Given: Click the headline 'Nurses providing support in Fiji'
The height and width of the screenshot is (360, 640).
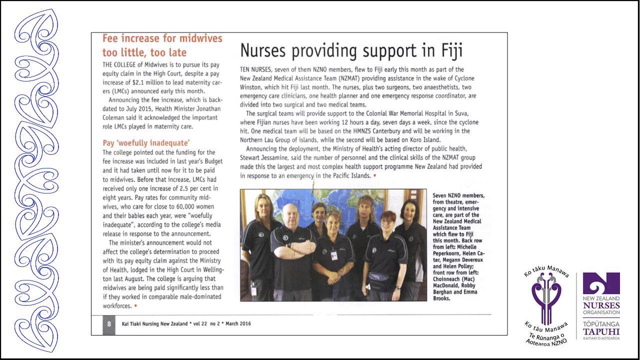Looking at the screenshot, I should click(x=351, y=50).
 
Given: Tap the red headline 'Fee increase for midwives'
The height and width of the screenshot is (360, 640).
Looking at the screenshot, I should click(x=162, y=38).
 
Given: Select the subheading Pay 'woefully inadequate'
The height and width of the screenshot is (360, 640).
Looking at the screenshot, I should click(x=146, y=143).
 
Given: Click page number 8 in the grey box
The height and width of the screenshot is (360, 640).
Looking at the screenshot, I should click(x=109, y=323).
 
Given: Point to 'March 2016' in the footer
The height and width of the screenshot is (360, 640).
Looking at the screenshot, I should click(x=238, y=323).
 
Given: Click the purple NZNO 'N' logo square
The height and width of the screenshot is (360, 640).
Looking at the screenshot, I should click(x=601, y=283).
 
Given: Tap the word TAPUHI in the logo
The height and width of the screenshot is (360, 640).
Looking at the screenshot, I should click(x=601, y=331).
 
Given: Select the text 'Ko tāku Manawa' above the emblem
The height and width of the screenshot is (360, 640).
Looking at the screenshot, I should click(x=546, y=270).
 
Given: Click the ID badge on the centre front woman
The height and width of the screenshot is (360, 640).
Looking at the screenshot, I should click(x=334, y=254).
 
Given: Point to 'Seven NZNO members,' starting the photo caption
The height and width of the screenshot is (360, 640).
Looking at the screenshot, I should click(x=458, y=195).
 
